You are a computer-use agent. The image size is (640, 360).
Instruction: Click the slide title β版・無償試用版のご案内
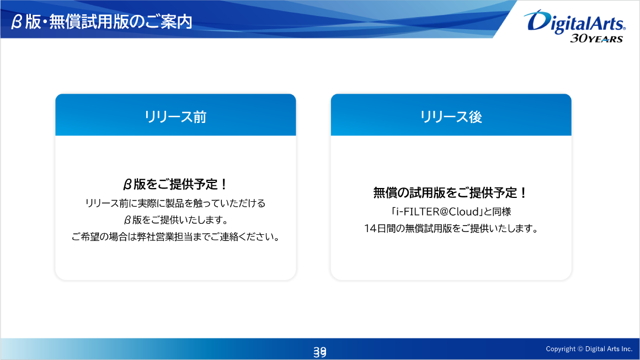[102, 22]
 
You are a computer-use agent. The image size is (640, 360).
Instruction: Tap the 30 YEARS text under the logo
[596, 39]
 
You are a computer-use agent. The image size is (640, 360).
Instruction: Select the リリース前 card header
[175, 116]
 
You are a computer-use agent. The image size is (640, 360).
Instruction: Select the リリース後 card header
[451, 116]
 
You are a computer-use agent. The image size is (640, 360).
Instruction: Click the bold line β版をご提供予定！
[175, 184]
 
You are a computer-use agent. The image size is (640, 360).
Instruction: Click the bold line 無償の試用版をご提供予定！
[451, 193]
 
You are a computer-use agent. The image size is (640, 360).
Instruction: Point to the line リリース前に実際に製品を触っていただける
[175, 203]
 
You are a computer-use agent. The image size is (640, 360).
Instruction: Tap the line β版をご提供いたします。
[175, 220]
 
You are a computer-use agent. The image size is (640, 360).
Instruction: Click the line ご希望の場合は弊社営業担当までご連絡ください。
[175, 237]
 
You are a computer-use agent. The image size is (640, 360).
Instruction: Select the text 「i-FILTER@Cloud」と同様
[451, 211]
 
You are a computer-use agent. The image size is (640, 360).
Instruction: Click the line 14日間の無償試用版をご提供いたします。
[451, 228]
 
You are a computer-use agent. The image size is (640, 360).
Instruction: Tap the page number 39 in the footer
[319, 351]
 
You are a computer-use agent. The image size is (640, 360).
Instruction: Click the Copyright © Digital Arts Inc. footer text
[589, 349]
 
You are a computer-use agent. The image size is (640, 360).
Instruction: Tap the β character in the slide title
[17, 22]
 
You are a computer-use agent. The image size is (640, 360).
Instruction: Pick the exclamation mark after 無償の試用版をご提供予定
[523, 193]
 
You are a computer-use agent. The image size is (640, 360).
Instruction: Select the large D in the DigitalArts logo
[535, 21]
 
